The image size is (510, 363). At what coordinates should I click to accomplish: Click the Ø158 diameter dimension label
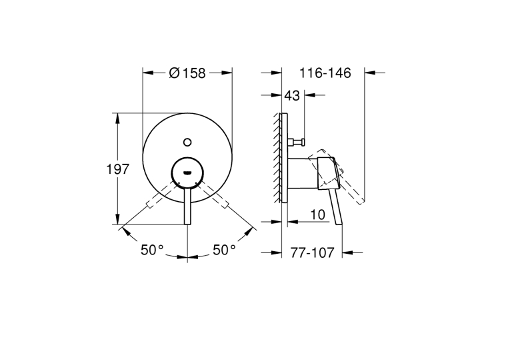tap(187, 73)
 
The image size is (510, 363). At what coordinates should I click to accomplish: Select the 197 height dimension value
tap(118, 169)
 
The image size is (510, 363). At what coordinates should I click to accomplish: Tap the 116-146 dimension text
tap(325, 73)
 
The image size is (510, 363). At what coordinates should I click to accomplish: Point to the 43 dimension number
tap(292, 95)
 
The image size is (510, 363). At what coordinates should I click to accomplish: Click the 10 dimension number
tap(318, 214)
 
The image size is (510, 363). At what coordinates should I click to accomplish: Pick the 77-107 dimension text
tap(312, 252)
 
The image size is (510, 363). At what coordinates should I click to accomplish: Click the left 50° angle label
tap(152, 250)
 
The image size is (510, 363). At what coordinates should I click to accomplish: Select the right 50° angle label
tap(225, 250)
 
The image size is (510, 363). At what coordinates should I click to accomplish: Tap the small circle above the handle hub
tap(187, 142)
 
